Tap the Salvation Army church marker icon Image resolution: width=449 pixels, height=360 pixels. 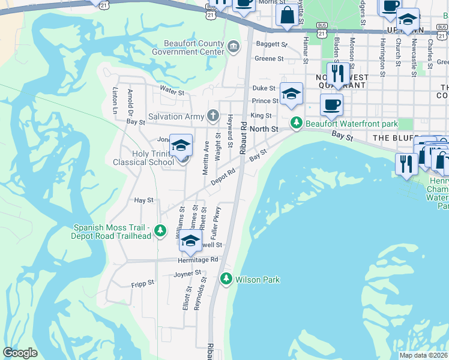point(212,115)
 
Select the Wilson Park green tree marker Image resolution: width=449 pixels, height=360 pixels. point(226,278)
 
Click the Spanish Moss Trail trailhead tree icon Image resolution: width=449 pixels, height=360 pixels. point(160,230)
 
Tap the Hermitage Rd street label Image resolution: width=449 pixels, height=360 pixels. point(197,260)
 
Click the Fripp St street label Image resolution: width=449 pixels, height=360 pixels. point(143,281)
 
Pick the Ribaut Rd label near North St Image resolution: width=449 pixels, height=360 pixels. point(244,138)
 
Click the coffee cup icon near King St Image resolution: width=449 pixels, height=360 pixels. point(331,106)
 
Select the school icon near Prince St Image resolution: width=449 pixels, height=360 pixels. point(291,94)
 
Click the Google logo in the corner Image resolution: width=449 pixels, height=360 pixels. point(20,353)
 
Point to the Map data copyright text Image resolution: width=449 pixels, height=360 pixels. point(423,355)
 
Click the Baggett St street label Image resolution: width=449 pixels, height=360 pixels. point(272,44)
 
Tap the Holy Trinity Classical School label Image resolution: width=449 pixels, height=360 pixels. point(144,158)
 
